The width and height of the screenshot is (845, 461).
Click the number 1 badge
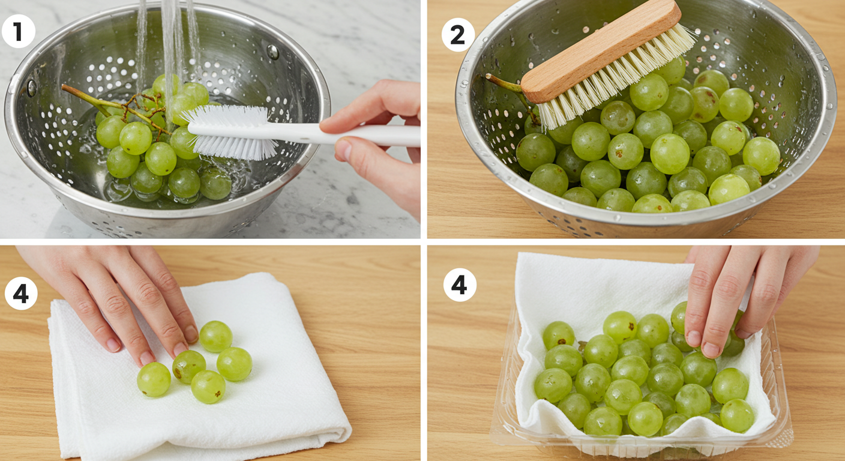tap(19, 31)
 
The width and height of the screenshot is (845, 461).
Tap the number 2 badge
tap(458, 35)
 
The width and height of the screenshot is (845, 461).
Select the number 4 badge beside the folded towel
tap(21, 294)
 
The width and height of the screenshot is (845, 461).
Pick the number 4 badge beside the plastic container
tap(460, 285)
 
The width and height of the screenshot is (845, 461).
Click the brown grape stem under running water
tap(117, 107)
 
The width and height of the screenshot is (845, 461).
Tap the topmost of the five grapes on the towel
tap(216, 336)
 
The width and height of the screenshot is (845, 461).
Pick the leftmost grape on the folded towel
tap(154, 379)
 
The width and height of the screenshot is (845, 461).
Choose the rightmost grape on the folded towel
tap(234, 364)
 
